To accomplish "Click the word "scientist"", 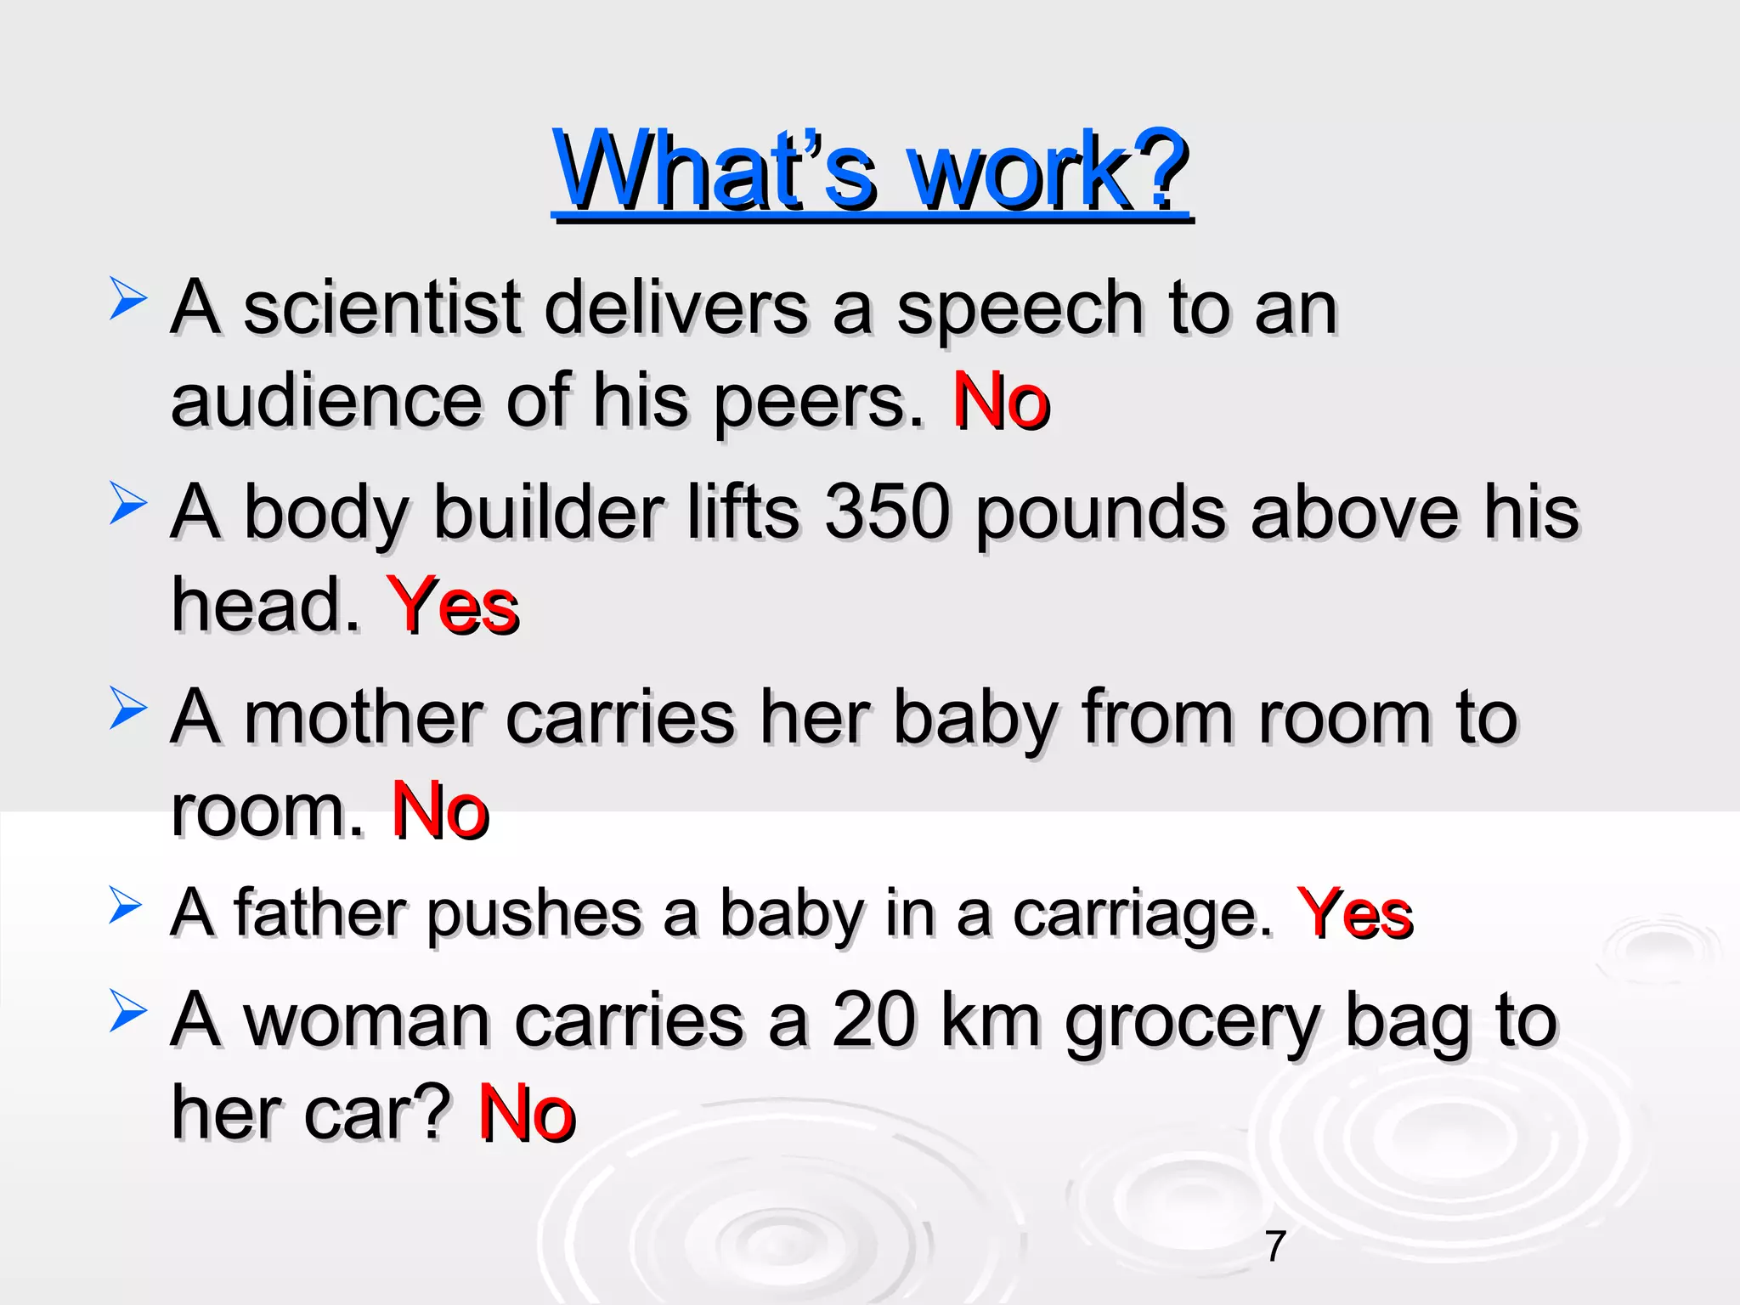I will (x=381, y=308).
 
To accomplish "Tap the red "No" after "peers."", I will (x=1001, y=401).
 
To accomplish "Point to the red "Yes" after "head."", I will (x=452, y=606).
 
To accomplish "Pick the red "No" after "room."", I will (x=440, y=811).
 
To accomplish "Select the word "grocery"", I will (x=1193, y=1022).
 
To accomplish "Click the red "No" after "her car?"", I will (x=527, y=1113).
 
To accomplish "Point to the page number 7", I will (x=1275, y=1246).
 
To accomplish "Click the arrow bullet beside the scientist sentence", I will (x=127, y=301).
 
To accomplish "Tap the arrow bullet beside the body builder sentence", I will (x=127, y=504).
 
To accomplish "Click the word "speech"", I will (x=1020, y=309).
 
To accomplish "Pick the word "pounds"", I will (x=1100, y=514).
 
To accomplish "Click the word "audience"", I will (x=326, y=401).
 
